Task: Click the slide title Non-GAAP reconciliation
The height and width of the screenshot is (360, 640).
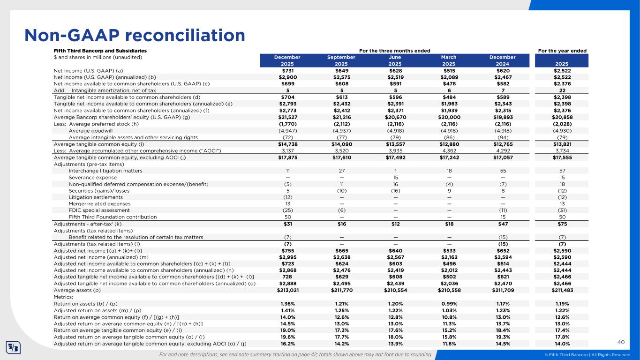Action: coord(135,35)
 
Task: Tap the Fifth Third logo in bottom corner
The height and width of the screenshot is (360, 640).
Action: coord(12,347)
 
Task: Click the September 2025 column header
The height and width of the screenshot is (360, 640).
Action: coord(341,60)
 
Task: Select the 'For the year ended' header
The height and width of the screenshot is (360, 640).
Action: coord(563,51)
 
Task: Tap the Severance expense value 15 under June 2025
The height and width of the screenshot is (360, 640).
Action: coord(395,178)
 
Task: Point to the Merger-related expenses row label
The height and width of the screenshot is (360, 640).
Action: coord(100,204)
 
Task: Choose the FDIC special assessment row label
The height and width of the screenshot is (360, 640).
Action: coord(99,210)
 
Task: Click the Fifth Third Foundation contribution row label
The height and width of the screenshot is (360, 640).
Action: coord(113,217)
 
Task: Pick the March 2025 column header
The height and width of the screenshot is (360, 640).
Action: coord(449,60)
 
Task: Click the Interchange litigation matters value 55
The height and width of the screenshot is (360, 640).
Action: coord(503,171)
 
